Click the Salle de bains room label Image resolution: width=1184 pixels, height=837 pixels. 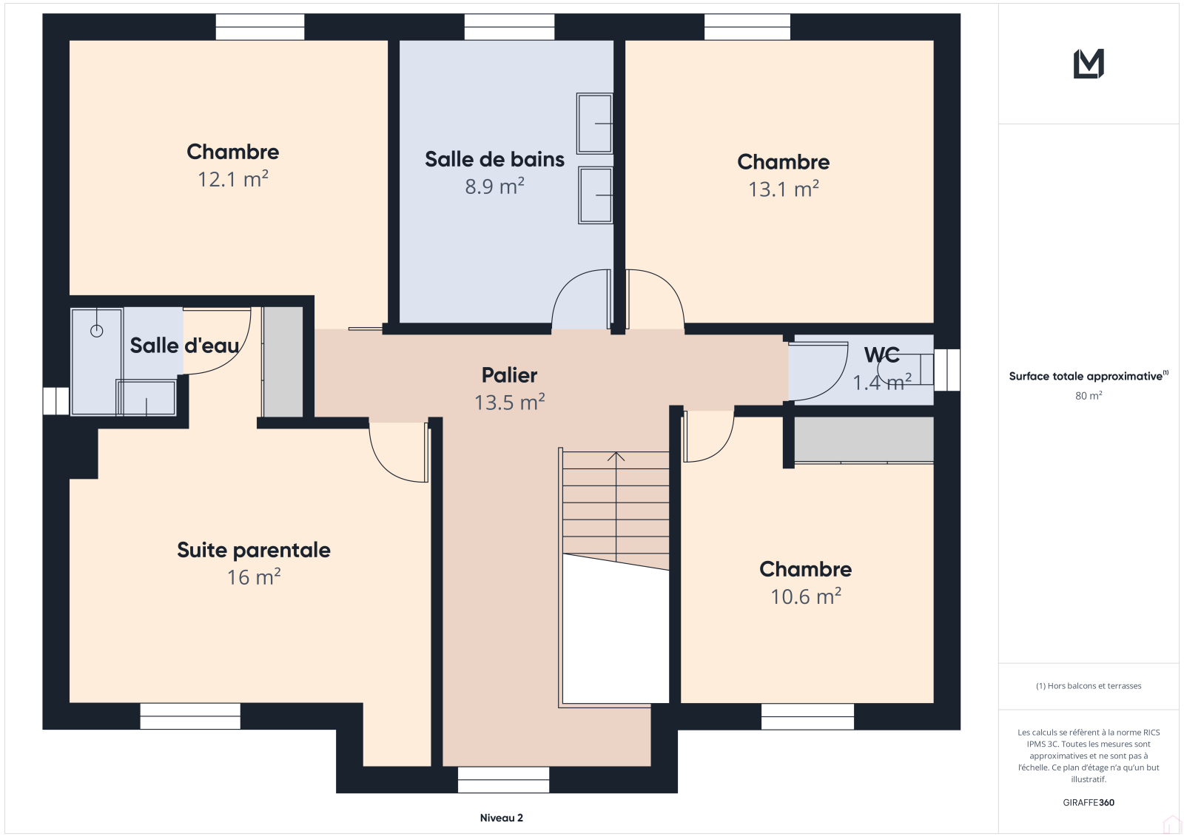(494, 159)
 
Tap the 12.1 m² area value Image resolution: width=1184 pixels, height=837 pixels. (233, 179)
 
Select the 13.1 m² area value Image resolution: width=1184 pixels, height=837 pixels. (784, 189)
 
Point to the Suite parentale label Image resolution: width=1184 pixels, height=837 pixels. (254, 551)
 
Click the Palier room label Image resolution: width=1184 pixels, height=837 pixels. (510, 375)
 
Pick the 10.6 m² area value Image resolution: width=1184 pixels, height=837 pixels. (806, 597)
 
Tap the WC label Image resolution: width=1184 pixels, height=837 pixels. (881, 354)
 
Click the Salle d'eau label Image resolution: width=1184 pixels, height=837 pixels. (184, 346)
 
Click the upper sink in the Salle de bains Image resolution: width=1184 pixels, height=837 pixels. (595, 123)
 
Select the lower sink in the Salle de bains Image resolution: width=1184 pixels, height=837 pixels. (595, 195)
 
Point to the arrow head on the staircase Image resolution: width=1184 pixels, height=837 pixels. (616, 457)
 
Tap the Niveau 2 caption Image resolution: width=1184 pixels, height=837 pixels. (501, 818)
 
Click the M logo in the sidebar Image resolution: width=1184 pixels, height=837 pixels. (1089, 64)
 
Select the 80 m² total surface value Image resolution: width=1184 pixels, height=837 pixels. (1089, 395)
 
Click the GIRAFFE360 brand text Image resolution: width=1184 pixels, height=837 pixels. (1089, 802)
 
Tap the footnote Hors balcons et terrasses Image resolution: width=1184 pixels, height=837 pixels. (1089, 686)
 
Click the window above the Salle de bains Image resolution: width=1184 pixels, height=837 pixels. (510, 27)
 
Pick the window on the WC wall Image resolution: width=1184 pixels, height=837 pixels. (946, 369)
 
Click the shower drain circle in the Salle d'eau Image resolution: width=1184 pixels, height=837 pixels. (97, 331)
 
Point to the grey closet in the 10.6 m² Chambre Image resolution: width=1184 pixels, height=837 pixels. (864, 440)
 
